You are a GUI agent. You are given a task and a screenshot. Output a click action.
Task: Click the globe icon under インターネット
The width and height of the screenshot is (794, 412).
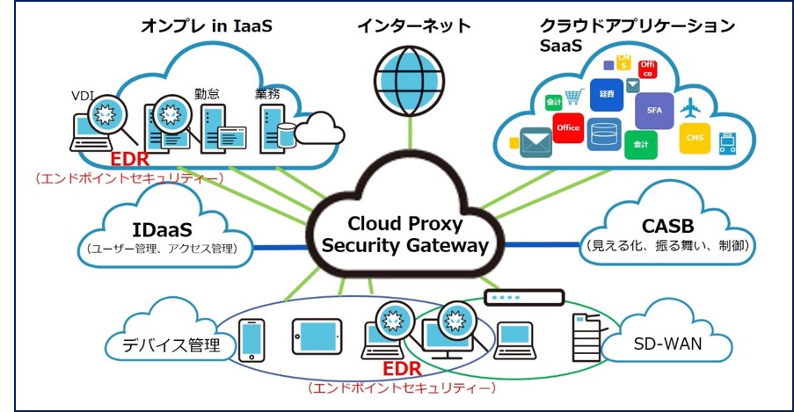coord(410,78)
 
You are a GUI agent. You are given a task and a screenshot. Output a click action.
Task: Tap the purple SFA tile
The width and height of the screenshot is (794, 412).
coord(654,110)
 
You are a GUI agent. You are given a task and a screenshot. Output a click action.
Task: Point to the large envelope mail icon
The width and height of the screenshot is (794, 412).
coord(535,141)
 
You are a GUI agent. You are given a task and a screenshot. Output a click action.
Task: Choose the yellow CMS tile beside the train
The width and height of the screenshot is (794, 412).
coord(695,137)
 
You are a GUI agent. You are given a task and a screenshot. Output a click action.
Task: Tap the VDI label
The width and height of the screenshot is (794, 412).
coord(84,95)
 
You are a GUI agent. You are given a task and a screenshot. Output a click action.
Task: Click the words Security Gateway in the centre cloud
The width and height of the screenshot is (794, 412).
coord(404,246)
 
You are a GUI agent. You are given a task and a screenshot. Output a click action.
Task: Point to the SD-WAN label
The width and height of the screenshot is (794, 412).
coord(667,343)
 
